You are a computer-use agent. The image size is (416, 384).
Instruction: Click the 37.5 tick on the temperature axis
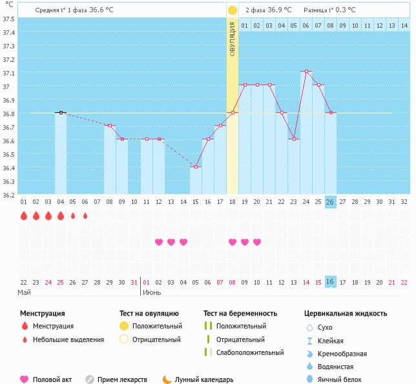(x=8, y=19)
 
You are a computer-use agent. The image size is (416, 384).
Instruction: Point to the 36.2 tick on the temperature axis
(x=8, y=195)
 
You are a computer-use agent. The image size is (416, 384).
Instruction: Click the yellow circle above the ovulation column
(x=233, y=10)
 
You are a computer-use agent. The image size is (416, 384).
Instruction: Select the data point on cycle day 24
(x=306, y=72)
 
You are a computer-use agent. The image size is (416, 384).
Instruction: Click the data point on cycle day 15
(x=196, y=167)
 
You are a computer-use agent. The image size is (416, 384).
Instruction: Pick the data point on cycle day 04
(x=61, y=112)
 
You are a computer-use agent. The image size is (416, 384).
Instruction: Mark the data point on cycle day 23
(x=294, y=139)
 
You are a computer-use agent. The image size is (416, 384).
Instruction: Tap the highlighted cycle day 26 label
(x=330, y=201)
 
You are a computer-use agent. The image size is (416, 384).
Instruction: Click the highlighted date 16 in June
(x=330, y=281)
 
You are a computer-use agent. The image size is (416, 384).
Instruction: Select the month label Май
(x=24, y=292)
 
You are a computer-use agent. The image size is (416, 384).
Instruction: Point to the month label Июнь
(x=152, y=292)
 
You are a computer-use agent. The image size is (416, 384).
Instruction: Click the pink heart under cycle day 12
(x=159, y=242)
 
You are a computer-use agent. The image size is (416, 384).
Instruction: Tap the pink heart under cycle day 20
(x=257, y=242)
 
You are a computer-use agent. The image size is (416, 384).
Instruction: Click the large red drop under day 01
(x=24, y=216)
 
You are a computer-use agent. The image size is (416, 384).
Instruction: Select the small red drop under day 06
(x=85, y=216)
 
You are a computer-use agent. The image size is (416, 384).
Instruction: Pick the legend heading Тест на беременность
(x=240, y=313)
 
